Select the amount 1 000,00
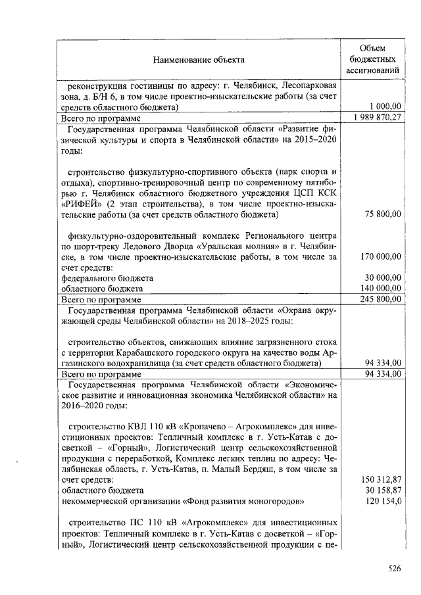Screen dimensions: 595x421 coord(385,107)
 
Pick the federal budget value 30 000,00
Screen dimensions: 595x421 coord(382,277)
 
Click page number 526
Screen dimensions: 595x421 coord(393,569)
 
